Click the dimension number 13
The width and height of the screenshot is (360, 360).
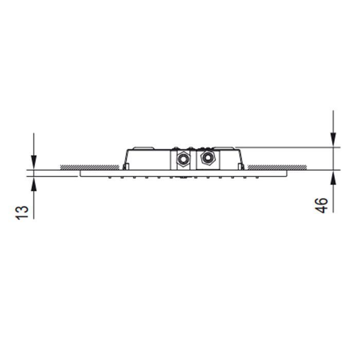coord(22,212)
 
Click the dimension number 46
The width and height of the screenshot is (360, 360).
coord(321,206)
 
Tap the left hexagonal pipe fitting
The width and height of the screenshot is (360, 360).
coord(184,158)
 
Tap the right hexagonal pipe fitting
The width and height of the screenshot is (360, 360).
coord(208,158)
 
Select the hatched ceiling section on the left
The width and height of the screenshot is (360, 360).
coord(89,167)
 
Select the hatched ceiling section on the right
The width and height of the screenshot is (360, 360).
coord(277,167)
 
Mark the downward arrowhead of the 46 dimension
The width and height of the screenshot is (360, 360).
coord(333,139)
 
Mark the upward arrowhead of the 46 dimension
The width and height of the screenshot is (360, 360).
coord(333,178)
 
